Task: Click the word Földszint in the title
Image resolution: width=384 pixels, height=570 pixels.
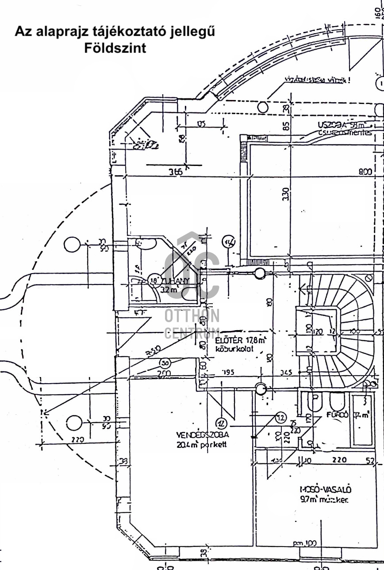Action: [115, 48]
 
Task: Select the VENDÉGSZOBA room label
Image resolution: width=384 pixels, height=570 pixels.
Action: [203, 435]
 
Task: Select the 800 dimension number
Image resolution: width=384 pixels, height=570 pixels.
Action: [365, 172]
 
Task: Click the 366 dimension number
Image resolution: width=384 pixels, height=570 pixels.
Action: [175, 173]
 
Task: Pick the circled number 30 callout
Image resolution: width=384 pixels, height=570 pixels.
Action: [165, 363]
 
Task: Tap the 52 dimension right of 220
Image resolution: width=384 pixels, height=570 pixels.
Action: [370, 461]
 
